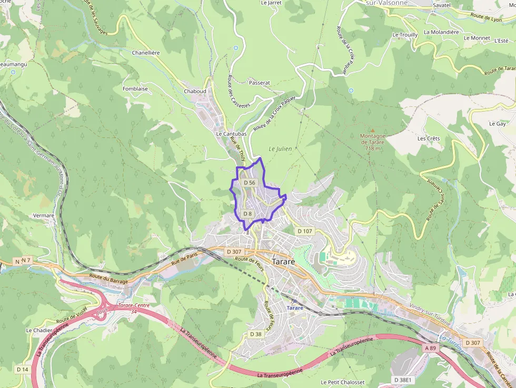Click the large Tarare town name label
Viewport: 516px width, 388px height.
click(x=283, y=262)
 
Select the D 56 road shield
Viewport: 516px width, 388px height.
click(x=249, y=183)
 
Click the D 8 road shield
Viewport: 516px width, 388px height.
click(x=247, y=214)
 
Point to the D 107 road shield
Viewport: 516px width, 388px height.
click(x=305, y=231)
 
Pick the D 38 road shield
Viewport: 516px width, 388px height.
click(x=255, y=334)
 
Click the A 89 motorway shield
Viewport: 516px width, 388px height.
click(x=430, y=348)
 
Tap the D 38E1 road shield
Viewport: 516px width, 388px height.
click(x=404, y=380)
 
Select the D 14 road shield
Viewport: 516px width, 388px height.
click(x=22, y=370)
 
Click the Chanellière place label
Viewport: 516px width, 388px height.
click(x=146, y=53)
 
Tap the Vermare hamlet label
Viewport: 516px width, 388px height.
click(x=44, y=215)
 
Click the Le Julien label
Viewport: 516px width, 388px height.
click(x=280, y=149)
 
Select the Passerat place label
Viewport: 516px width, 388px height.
click(x=259, y=83)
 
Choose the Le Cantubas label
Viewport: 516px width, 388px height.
click(x=231, y=134)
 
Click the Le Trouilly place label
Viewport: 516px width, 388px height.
click(x=405, y=35)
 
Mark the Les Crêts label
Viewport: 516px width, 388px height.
click(x=428, y=138)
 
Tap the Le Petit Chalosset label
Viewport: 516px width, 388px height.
click(x=342, y=382)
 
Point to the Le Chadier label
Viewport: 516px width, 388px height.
click(x=38, y=331)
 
